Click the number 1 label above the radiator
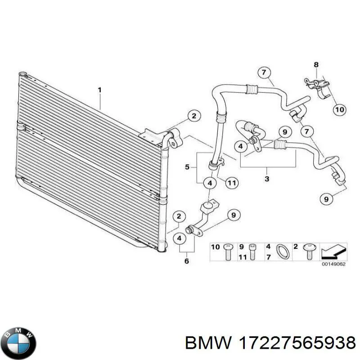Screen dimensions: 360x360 tap(99, 90)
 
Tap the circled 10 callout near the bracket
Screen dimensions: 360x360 tap(339, 109)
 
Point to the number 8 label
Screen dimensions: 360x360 tap(316, 64)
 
